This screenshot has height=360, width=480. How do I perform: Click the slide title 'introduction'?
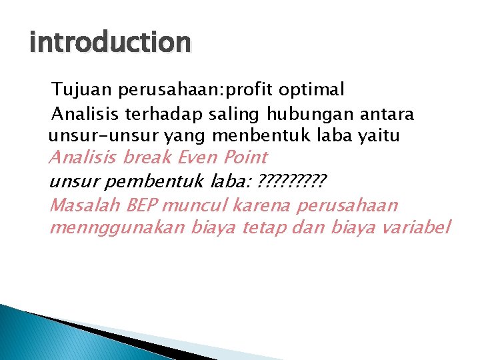pos(110,43)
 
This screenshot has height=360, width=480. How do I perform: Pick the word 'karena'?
pos(265,205)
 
